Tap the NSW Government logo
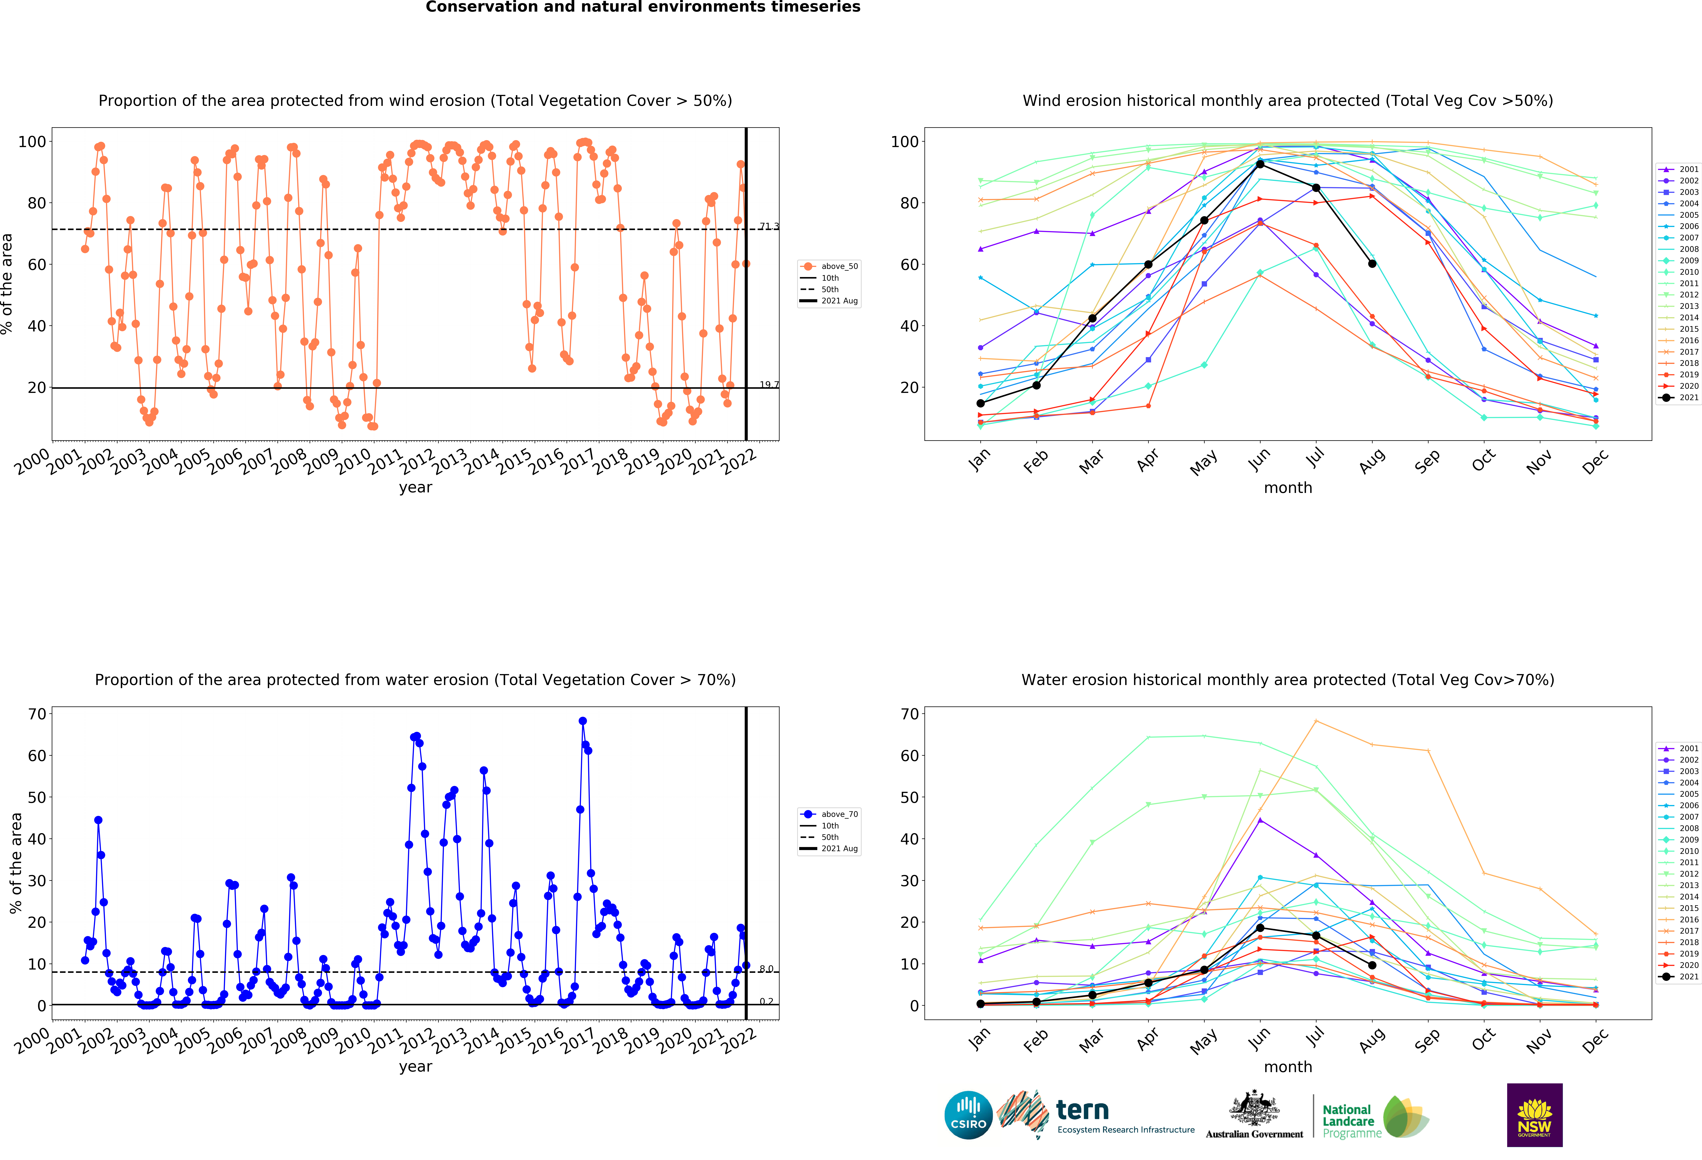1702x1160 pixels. pyautogui.click(x=1534, y=1115)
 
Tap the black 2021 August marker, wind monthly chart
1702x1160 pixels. pyautogui.click(x=1372, y=264)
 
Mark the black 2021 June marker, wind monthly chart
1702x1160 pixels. pyautogui.click(x=1260, y=164)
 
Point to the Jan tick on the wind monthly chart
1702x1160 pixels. pyautogui.click(x=979, y=460)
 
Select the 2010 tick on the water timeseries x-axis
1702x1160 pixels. pyautogui.click(x=354, y=1040)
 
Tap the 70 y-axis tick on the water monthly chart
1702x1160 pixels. pyautogui.click(x=910, y=714)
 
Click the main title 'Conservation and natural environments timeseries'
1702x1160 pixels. pyautogui.click(x=643, y=7)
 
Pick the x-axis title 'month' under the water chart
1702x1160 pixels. pyautogui.click(x=1287, y=1067)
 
